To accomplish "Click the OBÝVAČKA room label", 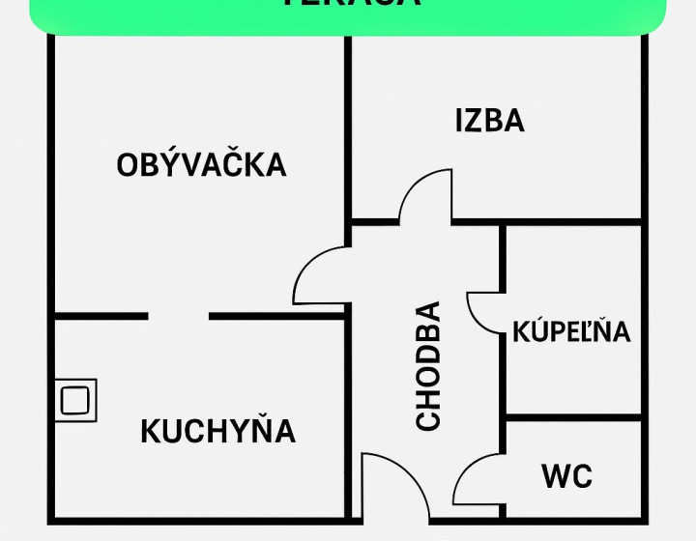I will (201, 165).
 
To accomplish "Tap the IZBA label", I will (489, 121).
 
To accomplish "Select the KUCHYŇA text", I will (217, 431).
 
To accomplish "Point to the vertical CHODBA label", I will (427, 366).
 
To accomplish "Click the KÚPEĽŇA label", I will (571, 331).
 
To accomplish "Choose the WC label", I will (566, 476).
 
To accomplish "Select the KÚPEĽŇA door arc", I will (485, 311).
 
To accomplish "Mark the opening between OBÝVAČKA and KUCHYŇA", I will (179, 316).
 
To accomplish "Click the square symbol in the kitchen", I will (74, 399).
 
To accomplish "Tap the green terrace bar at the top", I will (348, 14).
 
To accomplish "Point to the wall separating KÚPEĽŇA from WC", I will (572, 420).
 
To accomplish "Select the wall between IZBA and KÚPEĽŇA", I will (572, 222).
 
